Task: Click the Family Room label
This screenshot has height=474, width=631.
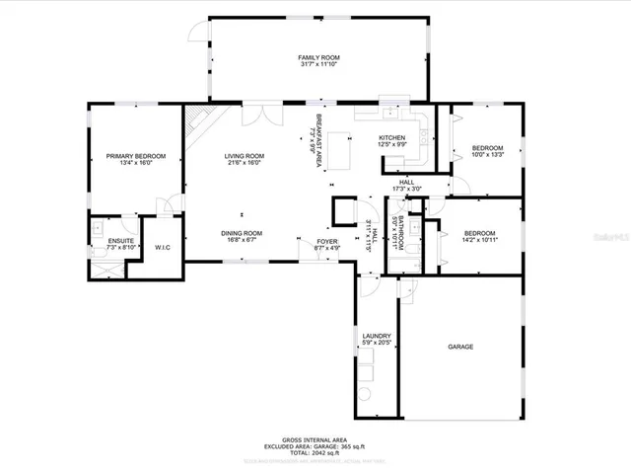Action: tap(318, 61)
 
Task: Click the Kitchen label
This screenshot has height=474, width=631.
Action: tap(393, 140)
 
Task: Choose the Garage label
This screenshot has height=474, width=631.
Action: tap(461, 348)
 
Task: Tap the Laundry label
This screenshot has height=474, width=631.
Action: tap(377, 340)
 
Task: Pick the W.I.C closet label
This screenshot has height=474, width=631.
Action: tap(162, 246)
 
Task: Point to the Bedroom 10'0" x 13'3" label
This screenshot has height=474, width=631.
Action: tap(487, 151)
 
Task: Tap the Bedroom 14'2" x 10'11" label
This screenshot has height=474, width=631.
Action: tap(482, 236)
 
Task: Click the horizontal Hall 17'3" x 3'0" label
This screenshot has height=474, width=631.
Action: tap(406, 185)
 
